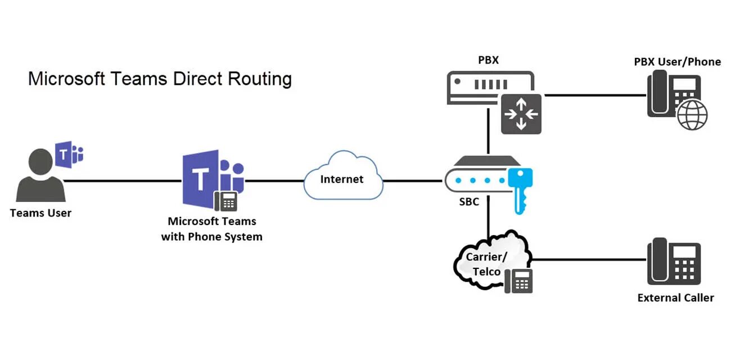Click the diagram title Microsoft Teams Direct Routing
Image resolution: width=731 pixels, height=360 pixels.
click(160, 79)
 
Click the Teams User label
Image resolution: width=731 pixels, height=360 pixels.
click(41, 213)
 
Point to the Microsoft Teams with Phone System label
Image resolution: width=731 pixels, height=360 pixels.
click(211, 229)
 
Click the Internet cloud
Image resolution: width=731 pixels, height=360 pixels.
click(342, 179)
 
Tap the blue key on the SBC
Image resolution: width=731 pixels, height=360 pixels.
click(520, 188)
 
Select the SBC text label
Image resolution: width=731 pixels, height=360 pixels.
click(469, 201)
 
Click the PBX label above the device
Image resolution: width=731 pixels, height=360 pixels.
click(488, 60)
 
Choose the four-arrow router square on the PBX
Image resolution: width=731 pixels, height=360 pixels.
click(521, 114)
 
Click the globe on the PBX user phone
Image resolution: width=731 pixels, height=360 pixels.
click(692, 116)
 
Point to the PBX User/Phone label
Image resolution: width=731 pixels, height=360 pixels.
click(677, 62)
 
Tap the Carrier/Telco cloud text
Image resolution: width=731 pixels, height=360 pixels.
click(486, 264)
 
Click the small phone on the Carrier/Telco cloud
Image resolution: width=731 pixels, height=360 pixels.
click(518, 281)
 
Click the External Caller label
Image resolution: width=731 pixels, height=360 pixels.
click(675, 298)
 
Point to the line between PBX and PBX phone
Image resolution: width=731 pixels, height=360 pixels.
click(595, 95)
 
